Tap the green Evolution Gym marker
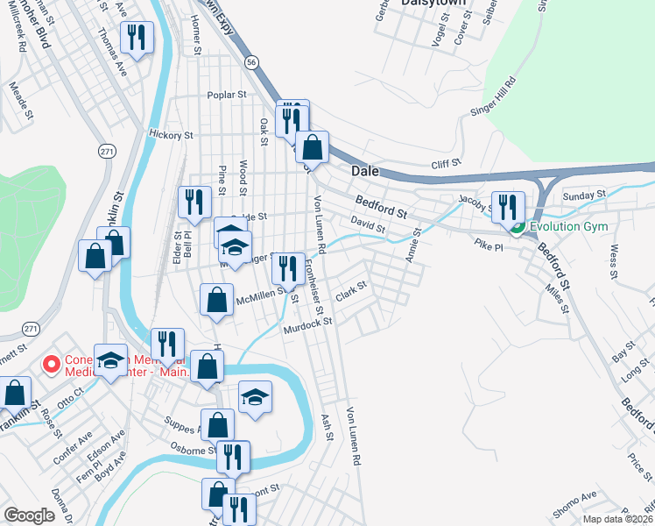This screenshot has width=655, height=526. tap(517, 229)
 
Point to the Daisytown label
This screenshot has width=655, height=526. tap(431, 4)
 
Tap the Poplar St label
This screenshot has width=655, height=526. tap(226, 95)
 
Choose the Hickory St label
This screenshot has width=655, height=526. tap(171, 136)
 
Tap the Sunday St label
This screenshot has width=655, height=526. tap(584, 195)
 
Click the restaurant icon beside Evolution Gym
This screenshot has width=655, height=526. tap(508, 208)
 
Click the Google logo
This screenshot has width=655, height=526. tap(29, 515)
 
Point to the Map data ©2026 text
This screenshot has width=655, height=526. tap(617, 519)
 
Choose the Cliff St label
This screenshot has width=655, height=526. tap(445, 164)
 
